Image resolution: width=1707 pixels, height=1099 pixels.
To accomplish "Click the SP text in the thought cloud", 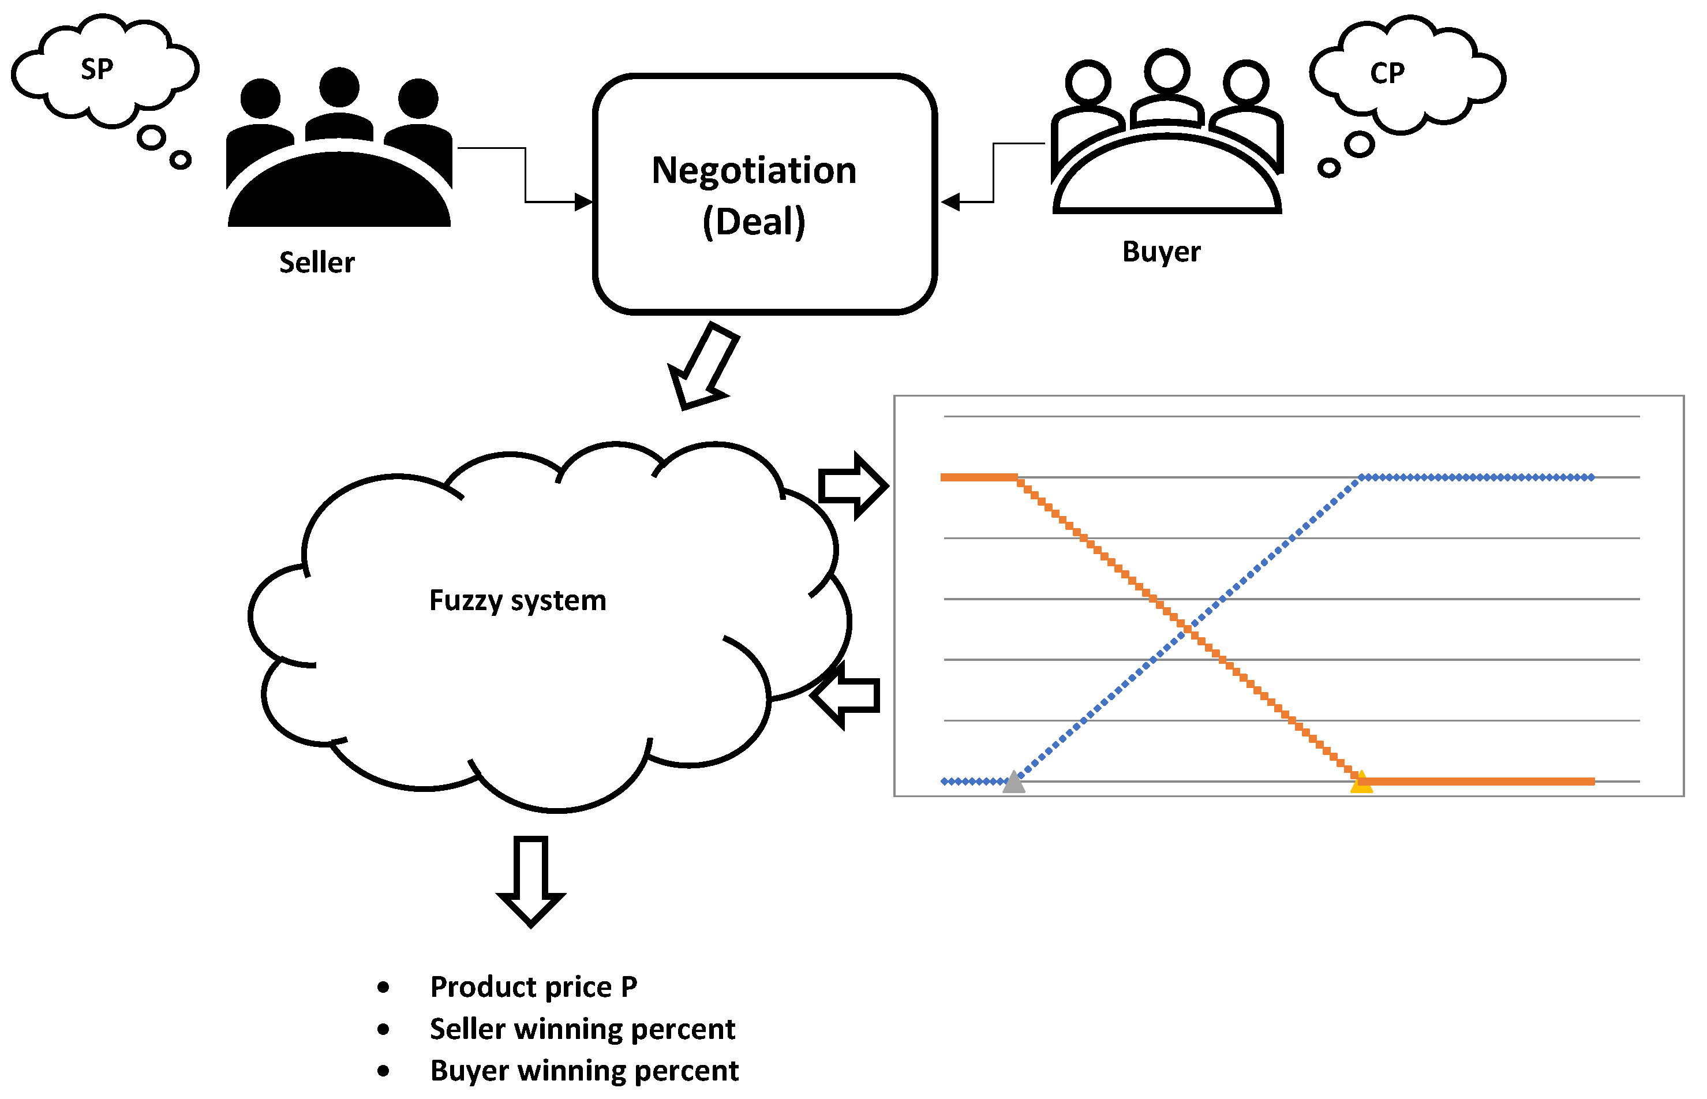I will (96, 69).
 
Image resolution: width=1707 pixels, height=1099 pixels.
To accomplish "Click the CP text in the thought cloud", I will (1387, 73).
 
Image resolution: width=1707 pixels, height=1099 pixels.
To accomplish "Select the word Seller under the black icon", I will (317, 263).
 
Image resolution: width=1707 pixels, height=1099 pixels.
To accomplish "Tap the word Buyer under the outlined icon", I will (1161, 252).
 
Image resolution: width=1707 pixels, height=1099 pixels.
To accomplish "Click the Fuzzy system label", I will (517, 600).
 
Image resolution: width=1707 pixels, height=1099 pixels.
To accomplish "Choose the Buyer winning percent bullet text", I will (583, 1071).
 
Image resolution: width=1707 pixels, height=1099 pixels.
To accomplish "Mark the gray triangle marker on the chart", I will (1014, 782).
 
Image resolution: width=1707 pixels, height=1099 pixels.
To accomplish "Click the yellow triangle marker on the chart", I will (1361, 782).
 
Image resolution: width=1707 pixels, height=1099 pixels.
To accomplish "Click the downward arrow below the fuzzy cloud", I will (531, 881).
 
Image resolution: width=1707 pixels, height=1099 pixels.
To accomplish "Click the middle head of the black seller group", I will (339, 87).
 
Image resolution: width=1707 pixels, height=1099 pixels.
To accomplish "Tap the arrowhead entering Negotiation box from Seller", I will (583, 202).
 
